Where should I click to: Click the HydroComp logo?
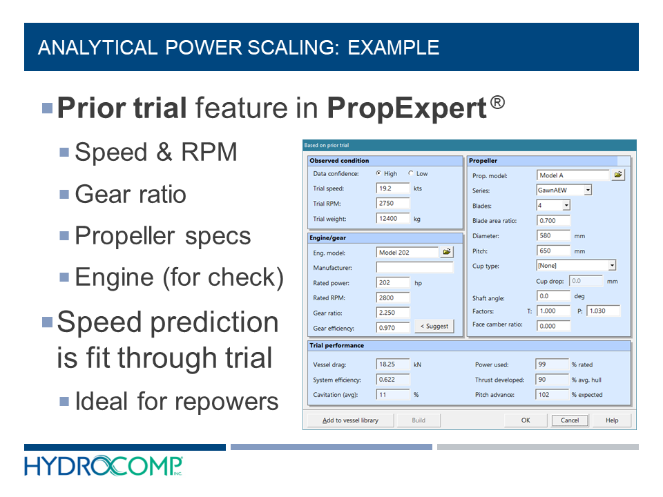[x=104, y=466]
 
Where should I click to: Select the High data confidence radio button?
[x=378, y=174]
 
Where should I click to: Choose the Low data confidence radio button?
[x=412, y=174]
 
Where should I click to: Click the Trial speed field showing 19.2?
[x=393, y=188]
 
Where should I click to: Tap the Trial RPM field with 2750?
[x=393, y=204]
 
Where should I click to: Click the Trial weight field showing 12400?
[x=393, y=219]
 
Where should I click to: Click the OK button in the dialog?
[x=526, y=420]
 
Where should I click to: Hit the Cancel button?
[x=570, y=420]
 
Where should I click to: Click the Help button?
[x=612, y=420]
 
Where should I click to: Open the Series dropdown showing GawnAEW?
[x=564, y=190]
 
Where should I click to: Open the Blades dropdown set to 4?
[x=553, y=205]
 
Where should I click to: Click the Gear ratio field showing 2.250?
[x=393, y=313]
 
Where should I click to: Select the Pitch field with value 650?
[x=553, y=251]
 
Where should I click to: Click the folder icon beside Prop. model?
[x=618, y=175]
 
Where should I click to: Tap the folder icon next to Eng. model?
[x=447, y=253]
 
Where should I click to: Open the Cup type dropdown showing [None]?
[x=576, y=266]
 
